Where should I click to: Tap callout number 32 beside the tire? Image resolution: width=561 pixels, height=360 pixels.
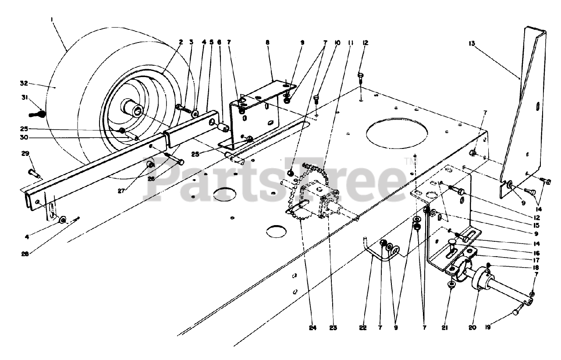(x=24, y=83)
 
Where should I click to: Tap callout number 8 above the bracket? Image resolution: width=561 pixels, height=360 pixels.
(x=268, y=43)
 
